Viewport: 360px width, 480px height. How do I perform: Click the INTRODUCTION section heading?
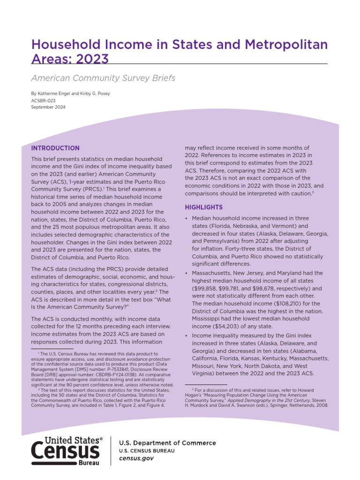coord(55,148)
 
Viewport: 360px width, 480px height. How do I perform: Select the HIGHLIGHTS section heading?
coord(204,207)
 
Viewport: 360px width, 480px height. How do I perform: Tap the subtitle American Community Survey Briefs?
coord(103,78)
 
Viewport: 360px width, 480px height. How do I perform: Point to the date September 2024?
coord(48,107)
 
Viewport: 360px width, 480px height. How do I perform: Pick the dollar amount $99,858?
coord(206,288)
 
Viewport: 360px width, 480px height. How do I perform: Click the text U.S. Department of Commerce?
coord(167,443)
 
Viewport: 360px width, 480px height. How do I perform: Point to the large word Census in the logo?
coord(65,451)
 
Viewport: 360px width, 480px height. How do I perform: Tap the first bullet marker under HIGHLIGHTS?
coord(187,219)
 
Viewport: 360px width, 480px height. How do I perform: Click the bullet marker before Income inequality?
coord(187,336)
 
